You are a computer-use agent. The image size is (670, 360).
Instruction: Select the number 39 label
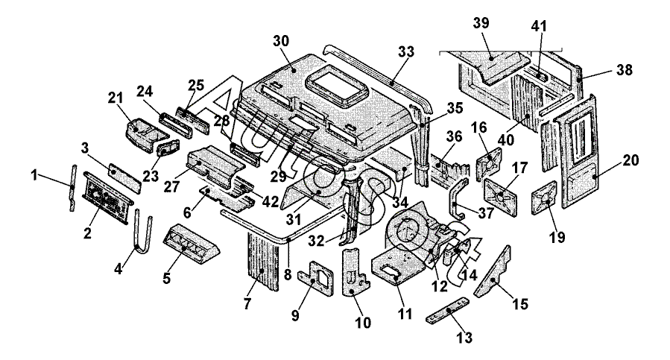click(481, 22)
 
